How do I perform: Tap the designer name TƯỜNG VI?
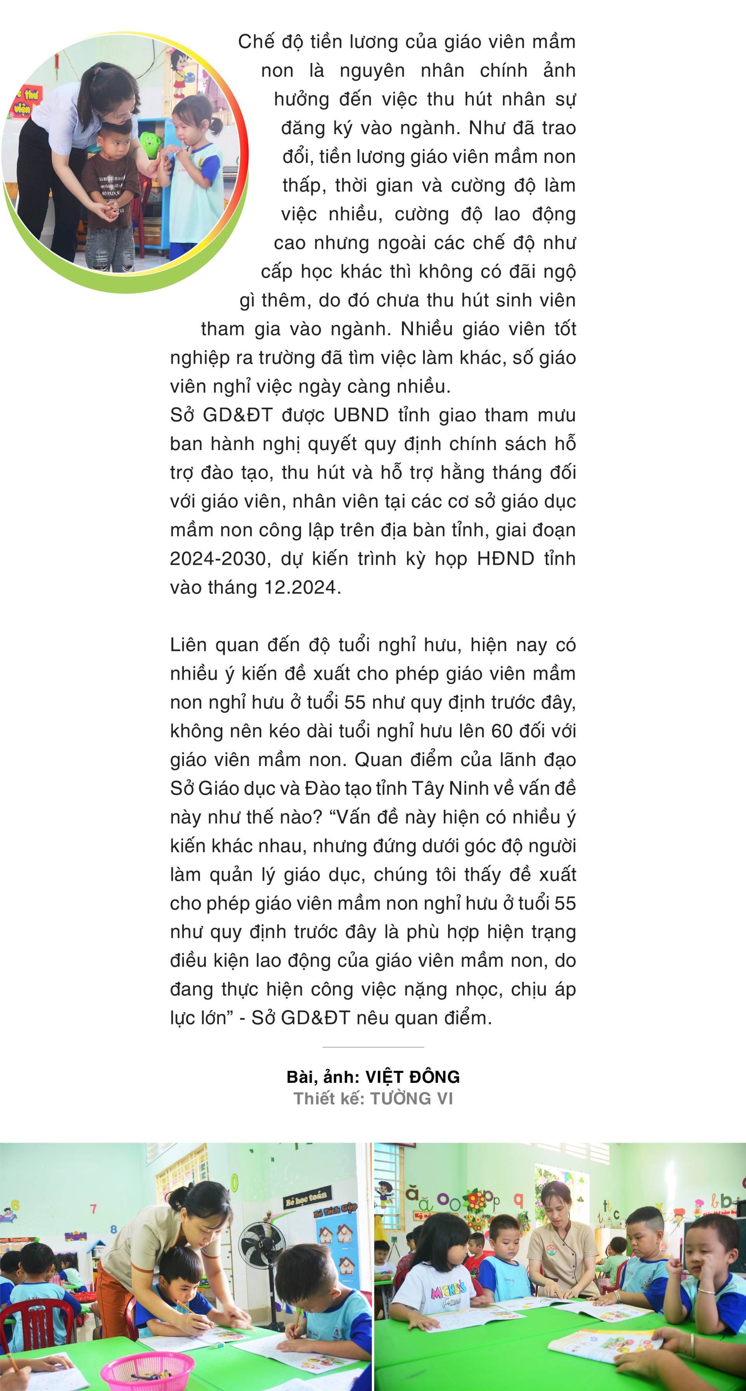pyautogui.click(x=411, y=1098)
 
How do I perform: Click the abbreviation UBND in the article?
pyautogui.click(x=361, y=415)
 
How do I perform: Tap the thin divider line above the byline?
pyautogui.click(x=373, y=1047)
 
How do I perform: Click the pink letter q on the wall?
pyautogui.click(x=519, y=1201)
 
